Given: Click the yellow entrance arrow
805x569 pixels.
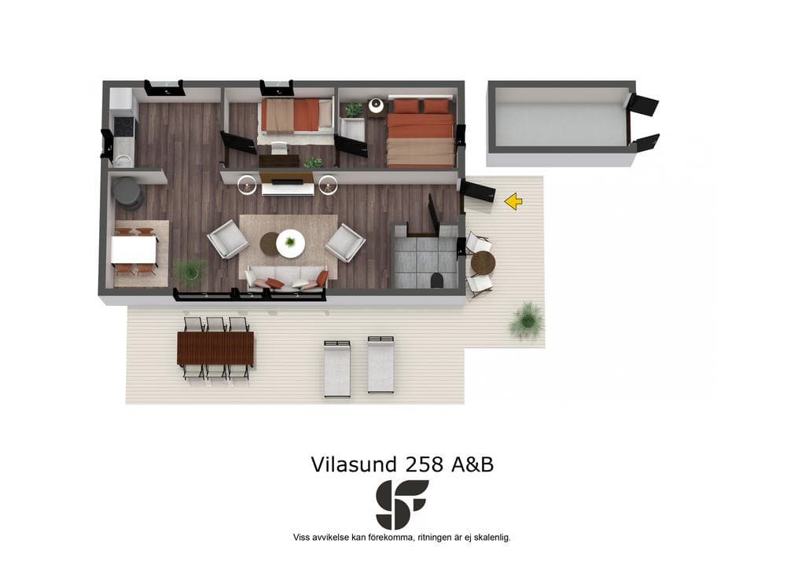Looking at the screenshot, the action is (513, 201).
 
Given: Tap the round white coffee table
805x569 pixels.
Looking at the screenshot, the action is (291, 243).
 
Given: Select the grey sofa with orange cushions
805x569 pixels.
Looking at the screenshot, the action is (286, 279).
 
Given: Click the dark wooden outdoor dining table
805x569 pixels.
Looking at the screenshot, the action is (215, 348).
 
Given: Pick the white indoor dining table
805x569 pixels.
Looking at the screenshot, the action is (134, 249).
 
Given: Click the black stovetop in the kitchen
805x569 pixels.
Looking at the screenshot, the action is (123, 127).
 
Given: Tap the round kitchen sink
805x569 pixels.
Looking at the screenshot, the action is (122, 160).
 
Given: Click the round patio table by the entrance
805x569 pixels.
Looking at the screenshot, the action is (483, 263).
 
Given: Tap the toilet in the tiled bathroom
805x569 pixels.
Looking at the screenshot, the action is (437, 280).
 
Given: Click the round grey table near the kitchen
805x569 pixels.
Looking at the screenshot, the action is (127, 191).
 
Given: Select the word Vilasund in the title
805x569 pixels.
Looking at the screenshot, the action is (354, 464).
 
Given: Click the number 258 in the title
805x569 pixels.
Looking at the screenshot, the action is (424, 464).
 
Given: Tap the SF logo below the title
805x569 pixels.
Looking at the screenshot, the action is (402, 505).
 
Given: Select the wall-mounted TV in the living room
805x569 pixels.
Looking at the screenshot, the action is (287, 182).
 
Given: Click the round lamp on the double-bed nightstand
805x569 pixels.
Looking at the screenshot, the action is (377, 105).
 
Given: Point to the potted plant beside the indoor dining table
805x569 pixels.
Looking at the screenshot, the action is (190, 270).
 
